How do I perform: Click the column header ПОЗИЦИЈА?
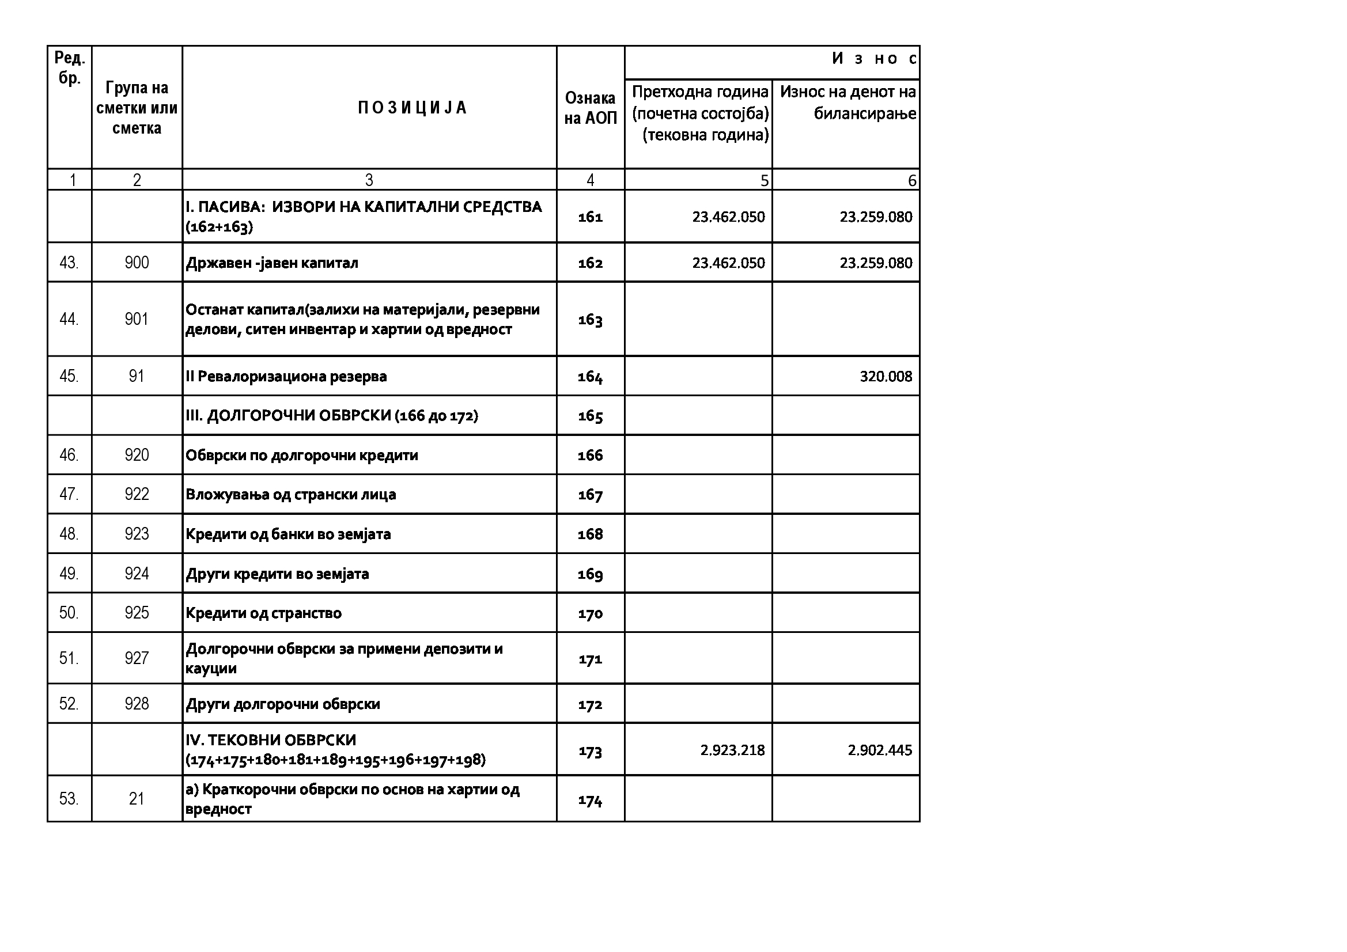pos(413,108)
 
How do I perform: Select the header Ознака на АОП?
pos(590,108)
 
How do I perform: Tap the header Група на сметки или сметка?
pos(137,108)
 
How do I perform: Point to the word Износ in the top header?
pos(873,59)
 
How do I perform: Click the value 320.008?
pos(886,376)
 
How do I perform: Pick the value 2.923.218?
pos(732,750)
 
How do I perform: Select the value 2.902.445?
pos(879,750)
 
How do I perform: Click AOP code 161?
pos(590,217)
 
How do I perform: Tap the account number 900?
pos(137,262)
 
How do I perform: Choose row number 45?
pos(69,376)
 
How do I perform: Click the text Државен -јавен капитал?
pos(271,263)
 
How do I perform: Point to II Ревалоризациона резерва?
pos(286,376)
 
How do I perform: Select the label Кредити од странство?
pos(263,613)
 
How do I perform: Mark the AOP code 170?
pos(590,613)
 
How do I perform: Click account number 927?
pos(137,658)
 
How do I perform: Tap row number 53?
pos(69,799)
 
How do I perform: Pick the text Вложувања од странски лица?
pos(290,495)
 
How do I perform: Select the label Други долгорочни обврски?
pos(283,704)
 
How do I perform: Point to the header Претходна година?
pos(700,92)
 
